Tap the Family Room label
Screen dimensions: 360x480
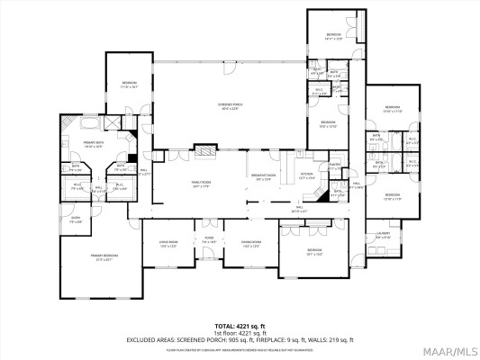[199, 185]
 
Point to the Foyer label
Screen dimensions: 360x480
[208, 240]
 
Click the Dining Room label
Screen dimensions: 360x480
[251, 242]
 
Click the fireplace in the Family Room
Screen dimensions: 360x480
[206, 151]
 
